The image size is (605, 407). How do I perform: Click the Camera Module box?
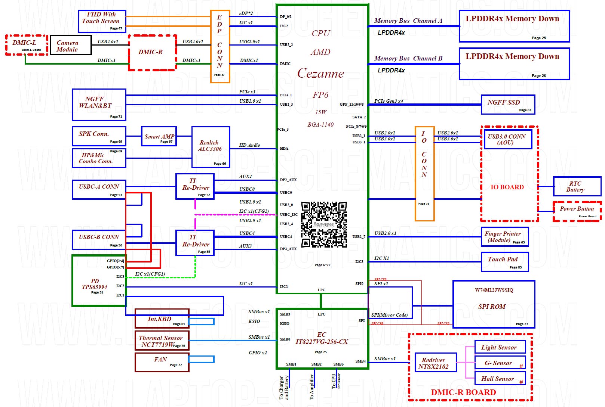pos(70,45)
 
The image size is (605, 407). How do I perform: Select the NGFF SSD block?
pos(508,105)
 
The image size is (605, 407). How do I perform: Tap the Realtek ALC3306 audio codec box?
pos(211,147)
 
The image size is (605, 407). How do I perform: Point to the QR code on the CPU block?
pos(324,224)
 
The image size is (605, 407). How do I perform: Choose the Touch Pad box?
pos(504,261)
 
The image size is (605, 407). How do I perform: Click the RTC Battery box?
pos(577,186)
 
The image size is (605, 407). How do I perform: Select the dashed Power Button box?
pos(577,211)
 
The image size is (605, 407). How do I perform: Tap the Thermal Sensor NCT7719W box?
pos(162,341)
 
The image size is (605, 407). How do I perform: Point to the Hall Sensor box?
pos(500,379)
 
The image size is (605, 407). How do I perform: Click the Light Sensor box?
pos(500,347)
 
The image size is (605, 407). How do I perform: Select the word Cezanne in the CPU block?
pos(321,73)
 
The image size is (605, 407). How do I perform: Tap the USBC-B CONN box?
pos(99,240)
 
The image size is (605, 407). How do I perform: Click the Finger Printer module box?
pos(504,237)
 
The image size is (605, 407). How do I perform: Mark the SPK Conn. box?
pos(99,136)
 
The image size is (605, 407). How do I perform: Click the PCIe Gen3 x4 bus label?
pos(389,101)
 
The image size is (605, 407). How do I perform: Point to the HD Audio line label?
pos(249,145)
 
